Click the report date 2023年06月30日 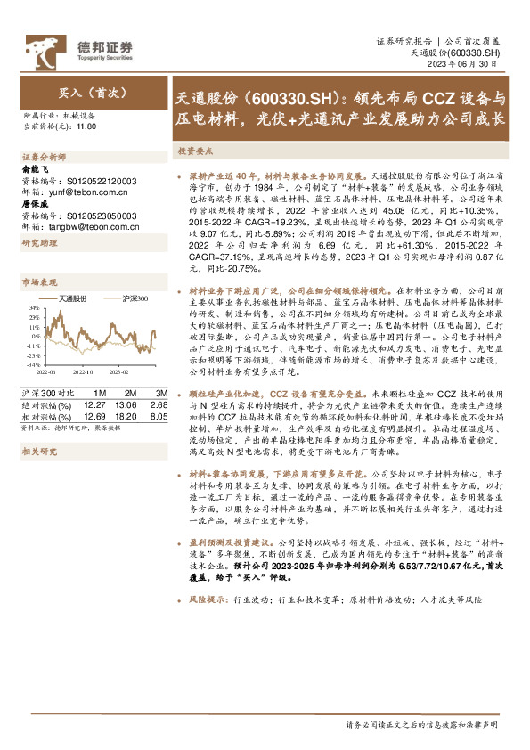(x=473, y=65)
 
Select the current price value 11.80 (x=85, y=127)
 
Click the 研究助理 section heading (x=38, y=243)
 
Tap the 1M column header (x=99, y=393)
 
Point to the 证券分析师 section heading (x=41, y=156)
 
